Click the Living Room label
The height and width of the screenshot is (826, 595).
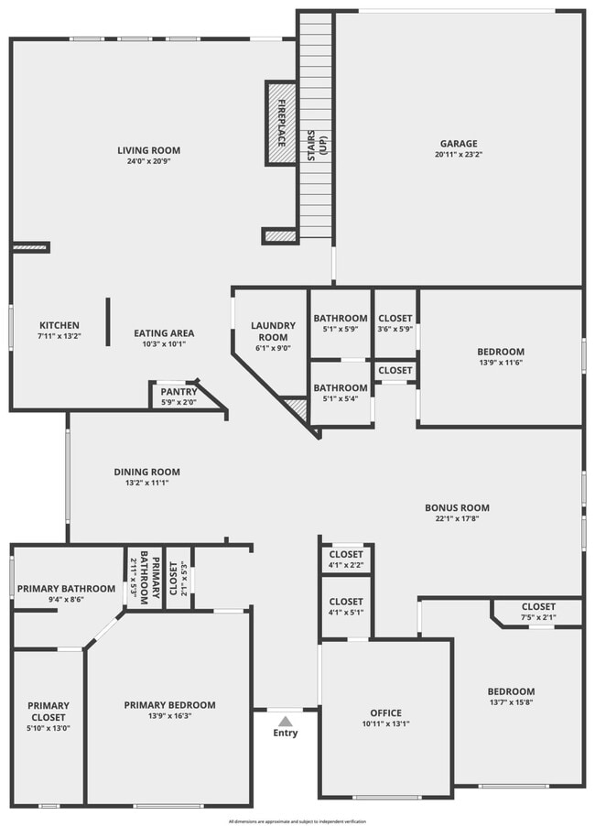(148, 150)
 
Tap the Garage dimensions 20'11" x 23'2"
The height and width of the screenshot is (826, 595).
(459, 155)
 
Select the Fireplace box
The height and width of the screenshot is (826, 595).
(281, 124)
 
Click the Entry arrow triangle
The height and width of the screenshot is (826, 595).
(286, 721)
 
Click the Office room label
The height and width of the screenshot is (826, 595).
(385, 712)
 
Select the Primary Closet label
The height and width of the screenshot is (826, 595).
(49, 712)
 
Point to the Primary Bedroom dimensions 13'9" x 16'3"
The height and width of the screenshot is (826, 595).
(170, 716)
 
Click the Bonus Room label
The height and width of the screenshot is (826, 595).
(457, 507)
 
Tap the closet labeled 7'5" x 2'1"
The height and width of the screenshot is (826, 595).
(537, 612)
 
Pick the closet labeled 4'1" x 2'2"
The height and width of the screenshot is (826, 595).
(345, 560)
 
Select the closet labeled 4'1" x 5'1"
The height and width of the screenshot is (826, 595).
(345, 607)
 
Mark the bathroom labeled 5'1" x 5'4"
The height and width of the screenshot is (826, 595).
(341, 393)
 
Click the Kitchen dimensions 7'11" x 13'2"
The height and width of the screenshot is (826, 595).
(59, 336)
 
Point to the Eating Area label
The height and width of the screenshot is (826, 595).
(164, 333)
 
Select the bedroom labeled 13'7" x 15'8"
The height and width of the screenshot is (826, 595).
(511, 697)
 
